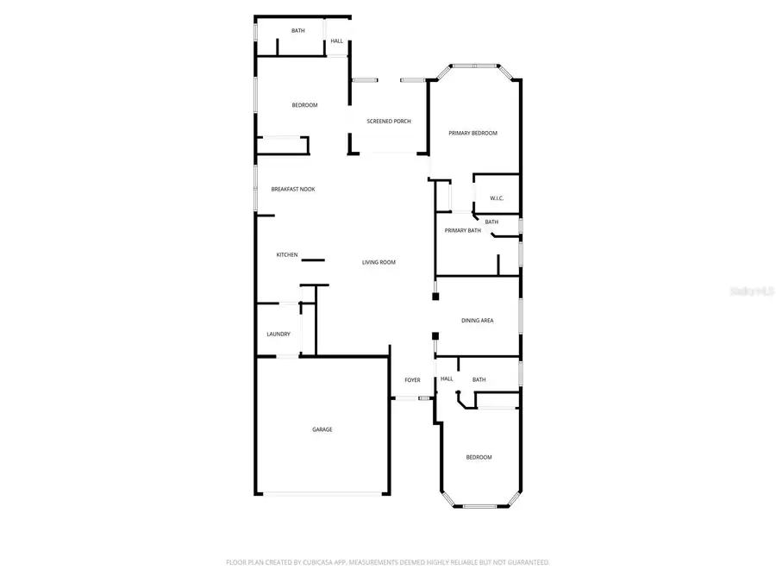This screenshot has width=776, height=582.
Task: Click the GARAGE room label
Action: pyautogui.click(x=322, y=429)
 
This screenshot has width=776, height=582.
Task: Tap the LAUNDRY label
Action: pyautogui.click(x=278, y=335)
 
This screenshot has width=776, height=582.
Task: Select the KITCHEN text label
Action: pyautogui.click(x=287, y=255)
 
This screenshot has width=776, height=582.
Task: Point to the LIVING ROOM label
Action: pyautogui.click(x=379, y=262)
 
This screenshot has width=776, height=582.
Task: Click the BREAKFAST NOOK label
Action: pyautogui.click(x=293, y=189)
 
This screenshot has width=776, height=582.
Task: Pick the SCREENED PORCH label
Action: pyautogui.click(x=389, y=122)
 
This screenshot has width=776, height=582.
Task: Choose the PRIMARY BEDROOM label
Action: pyautogui.click(x=473, y=134)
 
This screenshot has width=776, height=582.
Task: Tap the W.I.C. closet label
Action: pyautogui.click(x=497, y=199)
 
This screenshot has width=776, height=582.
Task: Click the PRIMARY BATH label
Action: pyautogui.click(x=462, y=230)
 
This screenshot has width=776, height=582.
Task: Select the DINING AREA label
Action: pyautogui.click(x=477, y=321)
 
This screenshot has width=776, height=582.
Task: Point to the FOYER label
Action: pyautogui.click(x=412, y=379)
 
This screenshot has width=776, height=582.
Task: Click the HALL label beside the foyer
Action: pyautogui.click(x=447, y=379)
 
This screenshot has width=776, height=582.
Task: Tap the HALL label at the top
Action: pyautogui.click(x=336, y=41)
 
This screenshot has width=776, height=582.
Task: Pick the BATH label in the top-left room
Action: pyautogui.click(x=297, y=31)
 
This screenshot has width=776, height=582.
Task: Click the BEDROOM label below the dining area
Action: pyautogui.click(x=479, y=457)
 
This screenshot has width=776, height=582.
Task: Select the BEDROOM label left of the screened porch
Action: pyautogui.click(x=304, y=105)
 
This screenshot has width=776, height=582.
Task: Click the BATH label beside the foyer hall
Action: pyautogui.click(x=479, y=379)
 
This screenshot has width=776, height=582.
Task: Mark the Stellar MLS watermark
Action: pyautogui.click(x=752, y=291)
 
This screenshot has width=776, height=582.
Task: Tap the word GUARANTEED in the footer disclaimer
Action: pyautogui.click(x=527, y=562)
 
